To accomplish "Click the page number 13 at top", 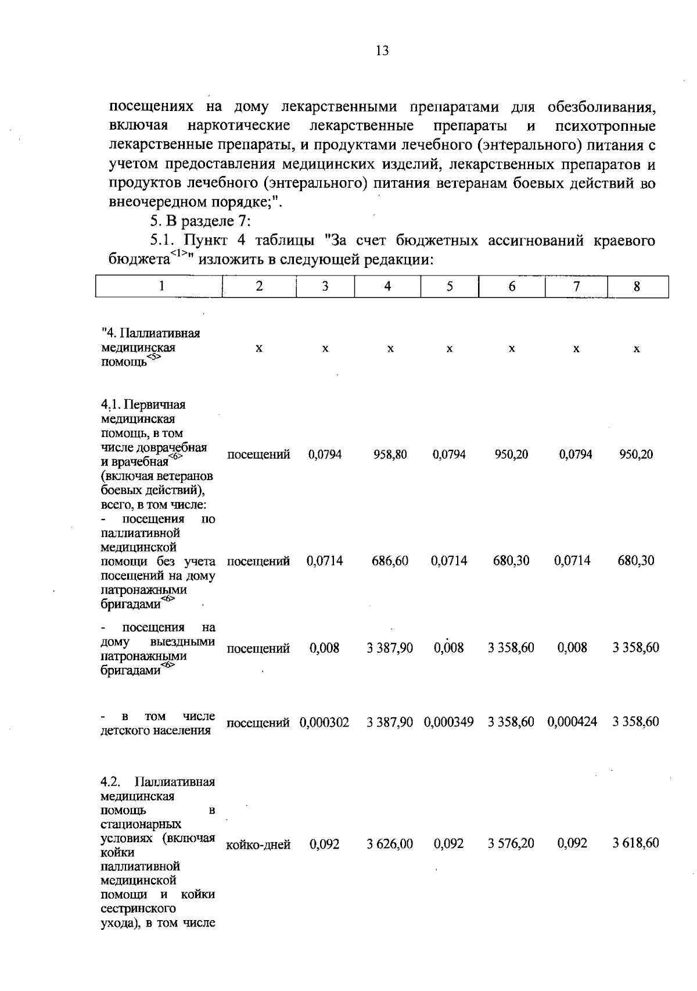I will [382, 51].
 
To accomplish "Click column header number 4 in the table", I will [387, 286].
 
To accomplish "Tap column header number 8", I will [637, 286].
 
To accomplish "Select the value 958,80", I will [390, 455].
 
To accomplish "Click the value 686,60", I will [390, 561].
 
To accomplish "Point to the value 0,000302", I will [325, 722].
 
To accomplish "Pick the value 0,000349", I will [449, 722].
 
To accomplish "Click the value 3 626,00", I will [390, 844].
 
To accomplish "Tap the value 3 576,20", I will [511, 844].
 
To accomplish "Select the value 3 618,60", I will [636, 844].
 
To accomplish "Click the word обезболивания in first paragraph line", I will [601, 107].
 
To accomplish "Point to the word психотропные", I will [605, 126].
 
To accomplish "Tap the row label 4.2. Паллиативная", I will [157, 782].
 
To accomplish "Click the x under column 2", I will [259, 348].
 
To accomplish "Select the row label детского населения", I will [155, 731].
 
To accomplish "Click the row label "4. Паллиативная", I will [150, 333].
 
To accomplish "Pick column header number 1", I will [161, 286].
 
